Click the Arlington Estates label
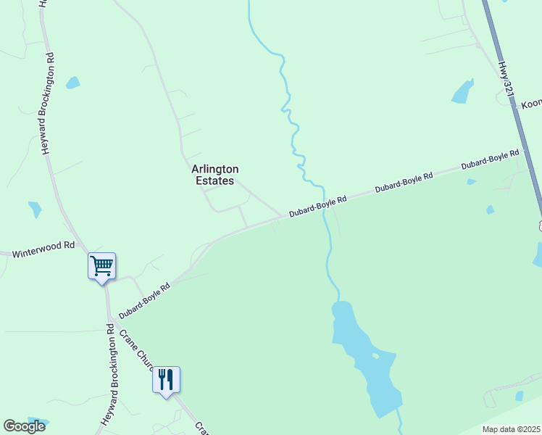click(x=214, y=175)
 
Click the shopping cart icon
click(x=102, y=265)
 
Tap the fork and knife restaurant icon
click(x=166, y=379)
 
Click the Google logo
click(x=24, y=426)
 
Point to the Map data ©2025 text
click(x=512, y=429)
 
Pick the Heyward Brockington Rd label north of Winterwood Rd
click(x=49, y=103)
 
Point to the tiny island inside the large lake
click(x=375, y=355)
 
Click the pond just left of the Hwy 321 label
click(x=462, y=92)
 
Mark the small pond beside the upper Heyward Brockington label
click(x=72, y=83)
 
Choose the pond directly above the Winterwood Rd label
click(x=35, y=210)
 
